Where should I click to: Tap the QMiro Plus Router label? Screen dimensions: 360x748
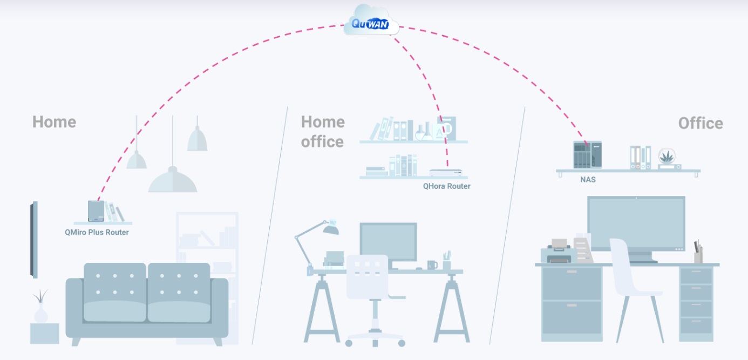(97, 233)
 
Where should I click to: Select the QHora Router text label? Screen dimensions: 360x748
(446, 186)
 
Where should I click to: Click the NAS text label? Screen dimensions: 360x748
(588, 179)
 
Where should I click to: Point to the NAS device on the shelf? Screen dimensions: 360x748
(587, 155)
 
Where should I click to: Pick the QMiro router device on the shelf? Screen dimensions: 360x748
(96, 211)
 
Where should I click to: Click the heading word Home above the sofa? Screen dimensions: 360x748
(54, 122)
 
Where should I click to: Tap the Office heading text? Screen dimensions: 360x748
(700, 124)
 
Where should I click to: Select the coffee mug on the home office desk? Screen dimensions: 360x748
(432, 265)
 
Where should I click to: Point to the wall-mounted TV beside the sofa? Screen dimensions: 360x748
(34, 240)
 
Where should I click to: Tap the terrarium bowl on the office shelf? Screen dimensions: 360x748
(669, 159)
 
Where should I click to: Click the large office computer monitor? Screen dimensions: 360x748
(636, 223)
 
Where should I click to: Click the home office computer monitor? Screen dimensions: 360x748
(388, 241)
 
